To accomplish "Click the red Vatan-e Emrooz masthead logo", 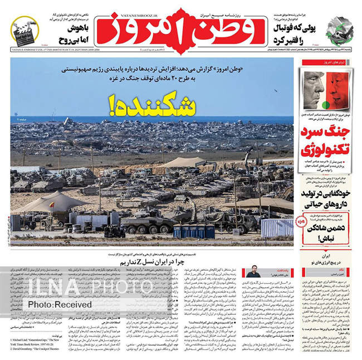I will coord(180,30).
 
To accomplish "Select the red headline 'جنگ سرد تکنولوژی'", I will coord(325,142).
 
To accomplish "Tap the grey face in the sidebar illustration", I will coord(314,89).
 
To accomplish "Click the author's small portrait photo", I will coord(255,272).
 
